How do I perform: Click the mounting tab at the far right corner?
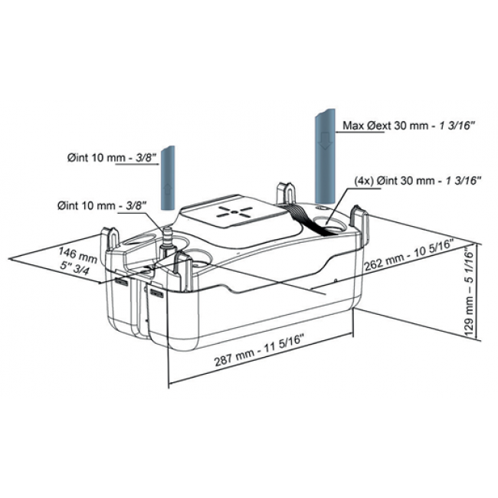[x=359, y=219]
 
